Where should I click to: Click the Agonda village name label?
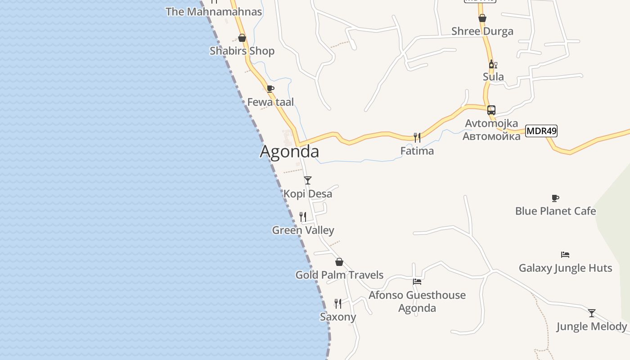(x=289, y=152)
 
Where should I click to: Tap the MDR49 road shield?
(x=541, y=131)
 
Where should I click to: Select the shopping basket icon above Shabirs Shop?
(x=242, y=38)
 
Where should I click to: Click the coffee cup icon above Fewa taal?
(x=270, y=89)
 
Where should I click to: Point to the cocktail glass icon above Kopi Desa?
(x=308, y=180)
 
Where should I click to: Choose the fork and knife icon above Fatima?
(x=417, y=137)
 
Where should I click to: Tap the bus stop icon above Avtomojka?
(x=491, y=110)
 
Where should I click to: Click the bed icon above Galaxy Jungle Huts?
(x=565, y=255)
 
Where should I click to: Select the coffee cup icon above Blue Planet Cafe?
(x=555, y=198)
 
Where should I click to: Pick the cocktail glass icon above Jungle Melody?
(x=592, y=313)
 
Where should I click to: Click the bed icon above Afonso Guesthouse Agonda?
(x=417, y=282)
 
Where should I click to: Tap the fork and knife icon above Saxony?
(x=338, y=303)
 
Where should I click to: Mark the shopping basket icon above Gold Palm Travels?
(x=339, y=262)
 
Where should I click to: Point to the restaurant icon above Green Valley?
(x=303, y=217)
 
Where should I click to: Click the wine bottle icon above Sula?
(x=493, y=64)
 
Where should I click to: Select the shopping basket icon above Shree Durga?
(x=482, y=18)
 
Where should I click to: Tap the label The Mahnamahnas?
(x=214, y=12)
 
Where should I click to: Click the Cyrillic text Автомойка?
(x=491, y=136)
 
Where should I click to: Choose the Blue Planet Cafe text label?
(x=555, y=211)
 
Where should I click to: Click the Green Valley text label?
(x=303, y=230)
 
